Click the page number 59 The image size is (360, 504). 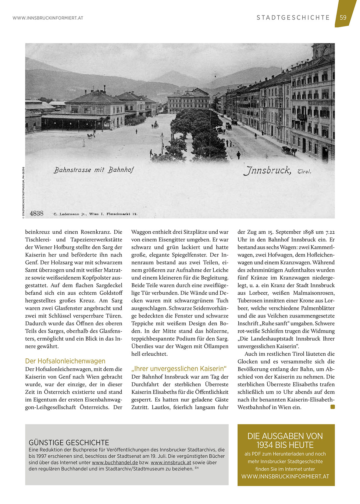pos(343,17)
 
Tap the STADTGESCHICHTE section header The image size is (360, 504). pos(293,18)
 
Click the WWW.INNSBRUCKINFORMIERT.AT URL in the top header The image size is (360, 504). pos(48,18)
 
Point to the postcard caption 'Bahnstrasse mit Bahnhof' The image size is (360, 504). pos(94,170)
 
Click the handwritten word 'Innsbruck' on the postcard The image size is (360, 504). pos(267,170)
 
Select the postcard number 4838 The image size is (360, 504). pos(37,213)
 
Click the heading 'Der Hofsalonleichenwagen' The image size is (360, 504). pos(65,361)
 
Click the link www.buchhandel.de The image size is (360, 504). pos(115,462)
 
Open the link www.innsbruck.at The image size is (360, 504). pos(171,462)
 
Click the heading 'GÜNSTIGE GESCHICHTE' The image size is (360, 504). pos(69,442)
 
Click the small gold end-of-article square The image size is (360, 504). pos(333,407)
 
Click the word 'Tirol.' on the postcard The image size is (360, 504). pos(304,171)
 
